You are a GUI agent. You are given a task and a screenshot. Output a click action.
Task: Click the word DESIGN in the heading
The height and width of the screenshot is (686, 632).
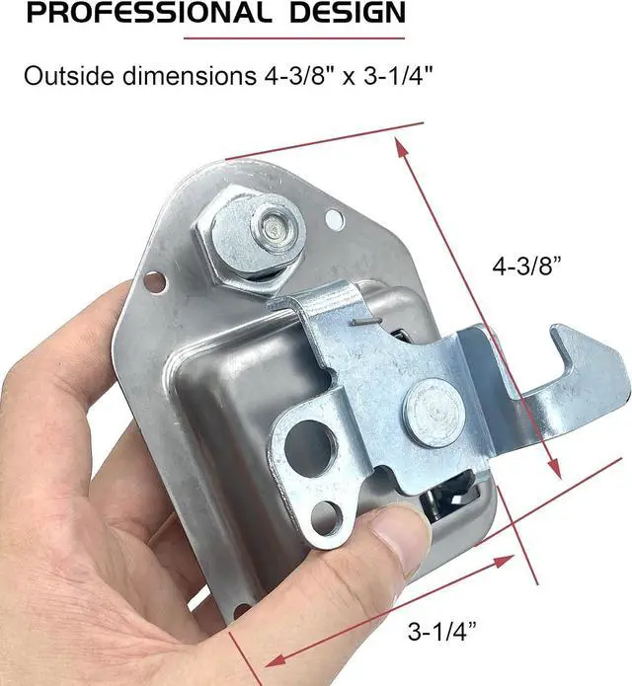(x=348, y=12)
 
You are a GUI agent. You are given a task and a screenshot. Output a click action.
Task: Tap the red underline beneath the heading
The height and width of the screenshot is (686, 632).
(x=294, y=38)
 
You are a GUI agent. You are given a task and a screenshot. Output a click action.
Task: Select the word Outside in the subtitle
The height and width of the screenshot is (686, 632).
(x=69, y=76)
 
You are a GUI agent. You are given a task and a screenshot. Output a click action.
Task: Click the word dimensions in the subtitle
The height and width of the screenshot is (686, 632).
(x=189, y=76)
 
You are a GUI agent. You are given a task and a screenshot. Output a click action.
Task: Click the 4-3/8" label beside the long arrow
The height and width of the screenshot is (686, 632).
(x=526, y=266)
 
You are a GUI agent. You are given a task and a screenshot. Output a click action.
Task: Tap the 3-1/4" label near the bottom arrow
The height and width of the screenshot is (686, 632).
(x=441, y=631)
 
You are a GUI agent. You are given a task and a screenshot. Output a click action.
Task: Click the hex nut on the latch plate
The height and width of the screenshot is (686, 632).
(x=248, y=237)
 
